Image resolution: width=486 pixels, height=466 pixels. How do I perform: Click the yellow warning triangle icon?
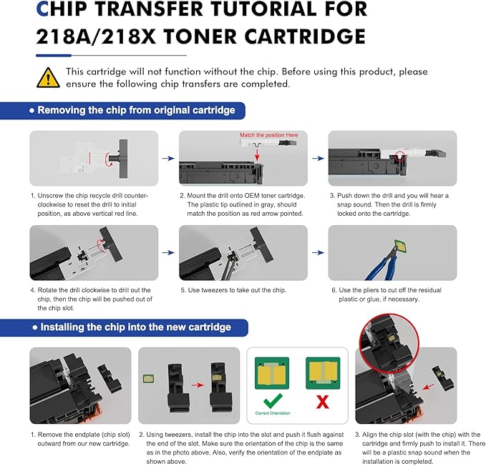coord(49,76)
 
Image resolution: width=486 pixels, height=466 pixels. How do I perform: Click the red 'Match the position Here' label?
coord(268,135)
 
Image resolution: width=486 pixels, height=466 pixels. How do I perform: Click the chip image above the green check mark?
coord(272,371)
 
